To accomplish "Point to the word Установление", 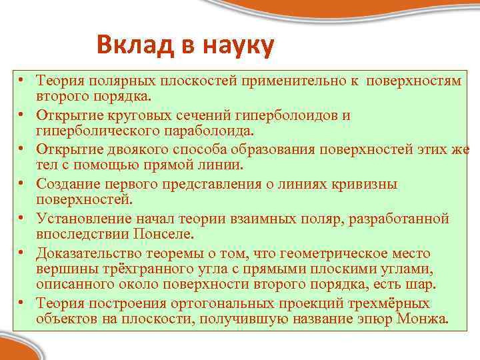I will pyautogui.click(x=82, y=219).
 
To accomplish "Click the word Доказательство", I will pyautogui.click(x=87, y=253).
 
